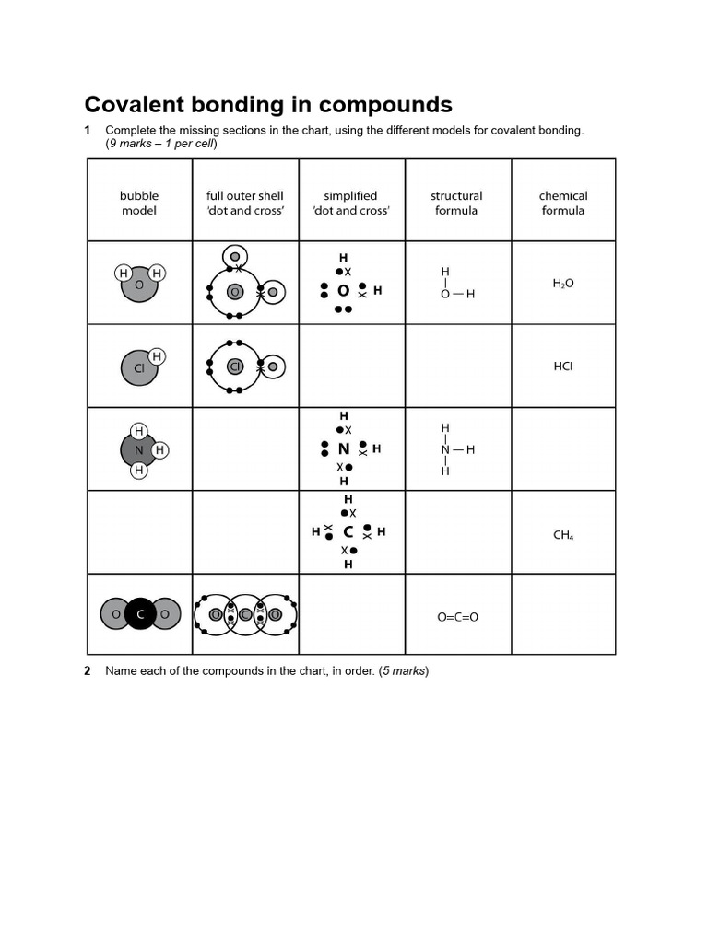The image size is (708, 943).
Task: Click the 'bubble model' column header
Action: pyautogui.click(x=139, y=203)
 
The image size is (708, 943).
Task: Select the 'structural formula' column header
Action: pyautogui.click(x=456, y=203)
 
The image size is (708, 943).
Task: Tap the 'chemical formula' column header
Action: pyautogui.click(x=563, y=203)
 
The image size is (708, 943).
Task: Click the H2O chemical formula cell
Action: pyautogui.click(x=563, y=284)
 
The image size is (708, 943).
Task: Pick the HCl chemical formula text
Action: pyautogui.click(x=563, y=366)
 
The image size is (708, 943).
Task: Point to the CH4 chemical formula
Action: pyautogui.click(x=563, y=534)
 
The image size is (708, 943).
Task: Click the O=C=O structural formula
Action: pyautogui.click(x=457, y=617)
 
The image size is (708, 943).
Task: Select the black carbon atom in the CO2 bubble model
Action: pyautogui.click(x=140, y=614)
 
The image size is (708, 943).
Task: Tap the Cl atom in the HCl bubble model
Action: pyautogui.click(x=138, y=369)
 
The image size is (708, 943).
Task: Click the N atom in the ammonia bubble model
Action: pyautogui.click(x=138, y=450)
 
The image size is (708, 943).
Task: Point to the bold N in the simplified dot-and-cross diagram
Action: pyautogui.click(x=344, y=449)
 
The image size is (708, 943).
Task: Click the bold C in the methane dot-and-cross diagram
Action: pyautogui.click(x=348, y=532)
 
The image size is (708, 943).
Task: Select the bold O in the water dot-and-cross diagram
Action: pyautogui.click(x=343, y=290)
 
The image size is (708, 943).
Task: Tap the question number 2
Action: pyautogui.click(x=88, y=670)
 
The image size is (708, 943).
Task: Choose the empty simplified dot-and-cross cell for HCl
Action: pyautogui.click(x=351, y=366)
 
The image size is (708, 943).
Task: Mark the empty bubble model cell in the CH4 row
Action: pyautogui.click(x=139, y=532)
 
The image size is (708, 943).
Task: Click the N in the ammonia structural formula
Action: pyautogui.click(x=445, y=450)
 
